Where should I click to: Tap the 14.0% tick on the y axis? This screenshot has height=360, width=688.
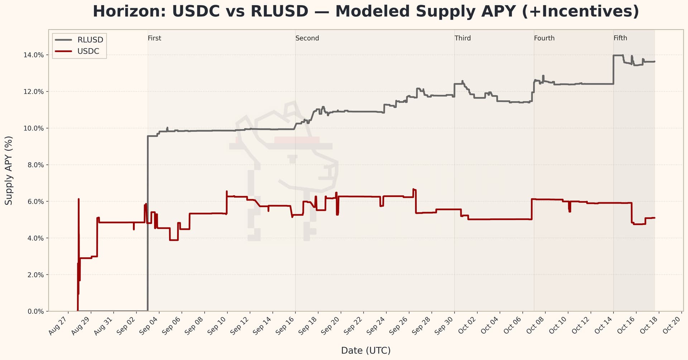(33, 55)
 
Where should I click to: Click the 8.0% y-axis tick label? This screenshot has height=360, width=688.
(35, 165)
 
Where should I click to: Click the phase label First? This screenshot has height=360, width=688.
(154, 38)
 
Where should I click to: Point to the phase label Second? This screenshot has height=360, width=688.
(307, 38)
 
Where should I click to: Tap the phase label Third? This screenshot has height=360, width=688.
(463, 38)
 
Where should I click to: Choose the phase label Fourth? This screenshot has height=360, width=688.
(544, 38)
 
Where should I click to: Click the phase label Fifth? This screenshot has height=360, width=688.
(620, 38)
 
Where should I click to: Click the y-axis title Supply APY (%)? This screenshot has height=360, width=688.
(9, 171)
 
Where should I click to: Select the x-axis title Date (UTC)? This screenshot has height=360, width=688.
(365, 350)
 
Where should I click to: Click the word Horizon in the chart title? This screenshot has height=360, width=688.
(128, 11)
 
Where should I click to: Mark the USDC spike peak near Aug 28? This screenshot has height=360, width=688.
(78, 199)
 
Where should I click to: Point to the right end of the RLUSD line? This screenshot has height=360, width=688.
(654, 62)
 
